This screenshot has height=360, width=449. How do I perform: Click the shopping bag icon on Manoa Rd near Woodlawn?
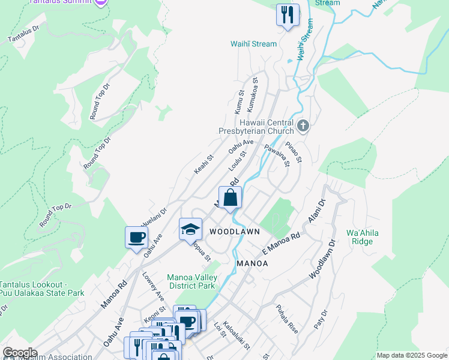click(x=230, y=197)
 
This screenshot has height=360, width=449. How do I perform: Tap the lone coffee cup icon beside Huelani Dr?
click(x=136, y=237)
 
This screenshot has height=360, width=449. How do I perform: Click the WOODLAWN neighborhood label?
click(x=235, y=232)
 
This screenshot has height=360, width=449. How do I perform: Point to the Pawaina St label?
click(x=277, y=155)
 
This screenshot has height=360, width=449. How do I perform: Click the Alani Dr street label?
click(x=316, y=212)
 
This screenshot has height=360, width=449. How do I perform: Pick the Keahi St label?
click(x=203, y=165)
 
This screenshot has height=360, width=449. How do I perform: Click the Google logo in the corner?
click(x=20, y=353)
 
